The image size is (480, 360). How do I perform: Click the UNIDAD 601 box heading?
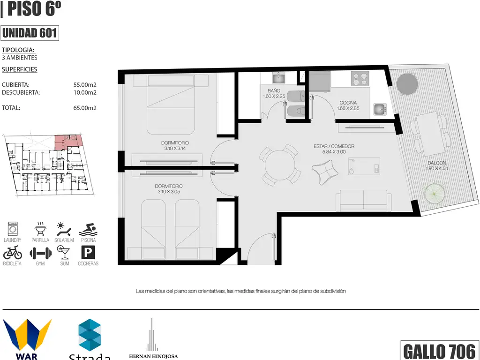[x=30, y=33]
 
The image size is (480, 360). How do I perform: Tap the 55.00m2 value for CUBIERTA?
[x=85, y=85]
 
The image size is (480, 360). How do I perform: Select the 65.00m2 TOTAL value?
[x=85, y=108]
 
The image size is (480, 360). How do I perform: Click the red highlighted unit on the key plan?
[x=68, y=142]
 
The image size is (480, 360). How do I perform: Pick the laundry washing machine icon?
[x=13, y=229]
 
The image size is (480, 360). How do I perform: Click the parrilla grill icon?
[x=40, y=229]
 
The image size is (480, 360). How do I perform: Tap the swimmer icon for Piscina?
[x=88, y=229]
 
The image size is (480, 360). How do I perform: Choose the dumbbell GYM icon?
[x=40, y=254]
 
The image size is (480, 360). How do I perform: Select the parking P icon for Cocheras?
[x=88, y=253]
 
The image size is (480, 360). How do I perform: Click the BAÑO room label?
[x=274, y=90]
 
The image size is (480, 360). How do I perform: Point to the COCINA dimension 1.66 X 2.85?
[x=348, y=108]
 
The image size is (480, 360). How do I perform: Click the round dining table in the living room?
[x=280, y=165]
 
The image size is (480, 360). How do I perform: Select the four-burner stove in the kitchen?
[x=360, y=78]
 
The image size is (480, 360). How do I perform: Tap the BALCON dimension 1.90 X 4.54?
[x=437, y=168]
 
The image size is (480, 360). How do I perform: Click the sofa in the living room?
[x=363, y=201]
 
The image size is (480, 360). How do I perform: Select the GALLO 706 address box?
[x=440, y=350]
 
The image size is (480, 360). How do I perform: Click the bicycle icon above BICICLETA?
[x=13, y=253]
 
